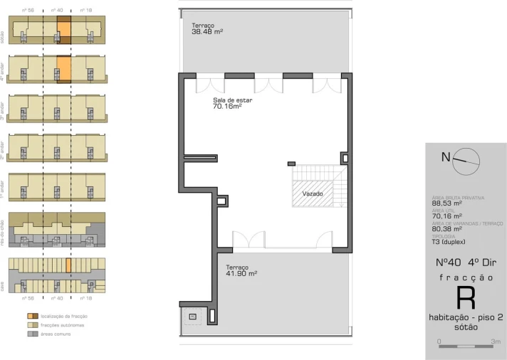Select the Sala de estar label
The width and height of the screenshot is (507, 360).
point(232,103)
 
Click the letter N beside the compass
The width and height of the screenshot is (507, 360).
point(446,158)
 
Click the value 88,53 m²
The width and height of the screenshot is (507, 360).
point(447,203)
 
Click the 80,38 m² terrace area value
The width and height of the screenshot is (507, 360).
point(447,228)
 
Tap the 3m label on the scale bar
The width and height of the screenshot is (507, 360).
point(496,342)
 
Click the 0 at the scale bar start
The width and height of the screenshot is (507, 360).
point(439,342)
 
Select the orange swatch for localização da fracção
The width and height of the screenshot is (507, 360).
point(32,315)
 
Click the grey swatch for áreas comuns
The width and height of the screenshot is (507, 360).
point(32,334)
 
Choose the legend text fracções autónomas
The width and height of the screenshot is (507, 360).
point(62,324)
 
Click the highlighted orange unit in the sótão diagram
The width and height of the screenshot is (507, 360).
point(64,30)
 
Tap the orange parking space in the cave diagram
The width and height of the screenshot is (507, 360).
point(68,265)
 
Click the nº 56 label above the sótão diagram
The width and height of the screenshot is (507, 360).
point(28,11)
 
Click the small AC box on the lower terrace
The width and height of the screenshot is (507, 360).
point(193,317)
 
